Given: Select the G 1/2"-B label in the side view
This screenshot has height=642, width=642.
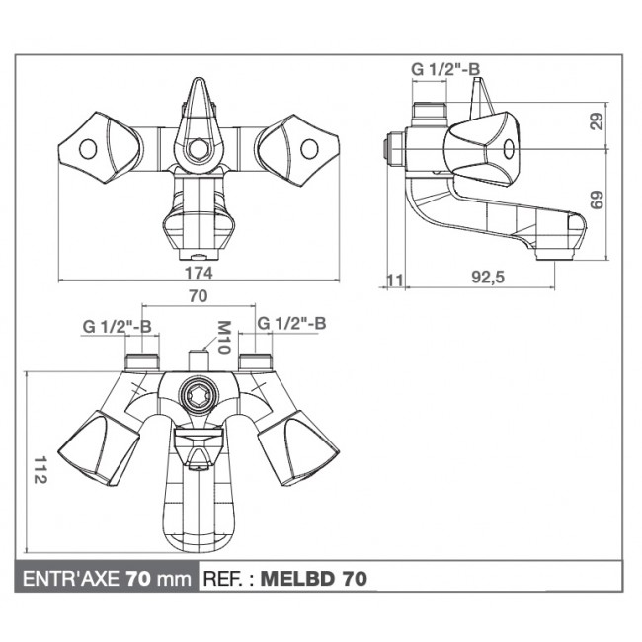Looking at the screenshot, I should pos(445,68).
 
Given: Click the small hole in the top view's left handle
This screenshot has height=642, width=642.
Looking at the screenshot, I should pos(88,149).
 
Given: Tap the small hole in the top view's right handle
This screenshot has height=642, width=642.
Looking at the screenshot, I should pos(309,149).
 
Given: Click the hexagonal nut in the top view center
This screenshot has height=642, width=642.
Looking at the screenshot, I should pos(199,149).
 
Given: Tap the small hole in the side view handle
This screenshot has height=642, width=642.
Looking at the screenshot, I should pos(510,150).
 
